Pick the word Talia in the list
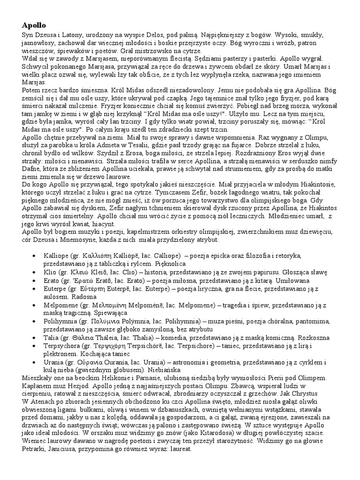52,336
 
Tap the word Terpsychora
62,345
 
